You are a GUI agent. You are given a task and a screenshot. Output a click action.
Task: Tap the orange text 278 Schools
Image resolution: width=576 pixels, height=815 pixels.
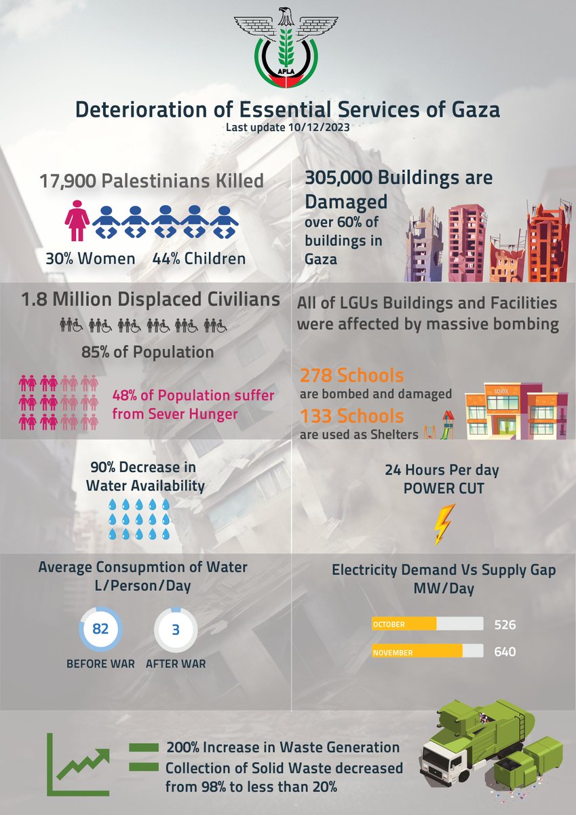pos(351,376)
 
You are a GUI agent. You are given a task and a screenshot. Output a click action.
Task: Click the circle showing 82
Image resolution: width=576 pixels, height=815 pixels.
pos(100,630)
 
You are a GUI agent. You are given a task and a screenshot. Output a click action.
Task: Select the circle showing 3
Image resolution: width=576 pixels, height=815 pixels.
pos(175,630)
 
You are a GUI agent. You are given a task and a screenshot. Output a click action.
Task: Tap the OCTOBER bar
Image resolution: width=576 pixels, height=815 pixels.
pos(405,624)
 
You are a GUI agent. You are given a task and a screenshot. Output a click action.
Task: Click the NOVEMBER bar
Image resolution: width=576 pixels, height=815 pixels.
pos(417,652)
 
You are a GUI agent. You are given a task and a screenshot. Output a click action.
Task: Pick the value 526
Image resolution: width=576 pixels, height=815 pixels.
pos(505,624)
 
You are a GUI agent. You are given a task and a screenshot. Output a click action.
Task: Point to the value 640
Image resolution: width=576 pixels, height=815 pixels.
pos(505,652)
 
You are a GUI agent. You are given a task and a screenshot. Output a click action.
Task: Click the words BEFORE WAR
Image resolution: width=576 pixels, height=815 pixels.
pos(100,664)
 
